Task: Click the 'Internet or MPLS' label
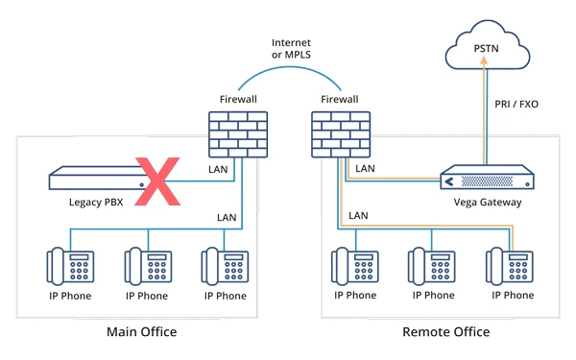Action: pos(291,49)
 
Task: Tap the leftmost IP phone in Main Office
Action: pos(70,265)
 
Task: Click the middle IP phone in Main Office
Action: pos(147,265)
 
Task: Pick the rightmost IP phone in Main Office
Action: pos(224,265)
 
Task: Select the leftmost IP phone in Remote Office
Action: pos(354,265)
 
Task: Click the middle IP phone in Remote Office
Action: pos(431,265)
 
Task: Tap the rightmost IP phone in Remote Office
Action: pos(509,265)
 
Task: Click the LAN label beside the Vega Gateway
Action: pos(366,169)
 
